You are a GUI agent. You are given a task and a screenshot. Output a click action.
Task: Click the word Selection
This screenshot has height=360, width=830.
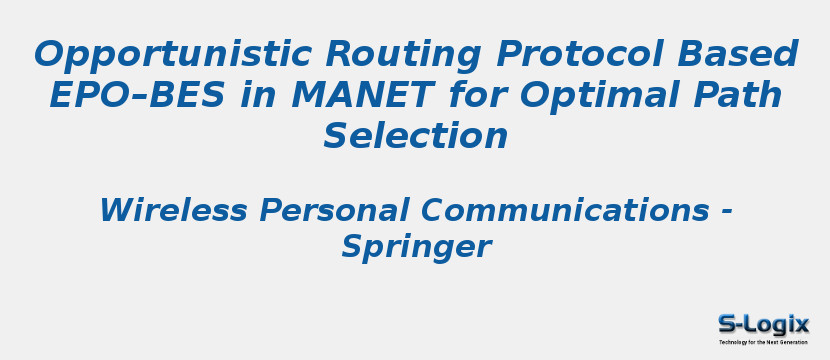[x=415, y=136]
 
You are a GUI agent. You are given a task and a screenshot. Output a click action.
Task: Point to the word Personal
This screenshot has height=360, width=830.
[x=331, y=211]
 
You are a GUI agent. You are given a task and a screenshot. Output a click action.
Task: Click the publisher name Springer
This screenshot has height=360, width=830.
[x=415, y=246]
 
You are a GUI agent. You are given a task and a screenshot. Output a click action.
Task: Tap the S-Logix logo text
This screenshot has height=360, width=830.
[x=763, y=323]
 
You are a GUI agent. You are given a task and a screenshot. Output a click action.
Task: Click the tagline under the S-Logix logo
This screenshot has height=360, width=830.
[x=763, y=342]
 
